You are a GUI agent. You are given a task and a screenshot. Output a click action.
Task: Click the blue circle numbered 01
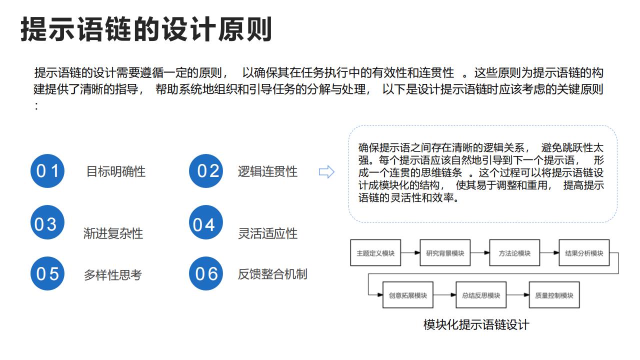pyautogui.click(x=47, y=171)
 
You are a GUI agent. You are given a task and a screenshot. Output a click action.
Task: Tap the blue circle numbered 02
pyautogui.click(x=206, y=171)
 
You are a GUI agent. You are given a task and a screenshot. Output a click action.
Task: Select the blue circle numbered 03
pyautogui.click(x=47, y=222)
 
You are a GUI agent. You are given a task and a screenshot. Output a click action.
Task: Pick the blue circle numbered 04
pyautogui.click(x=206, y=222)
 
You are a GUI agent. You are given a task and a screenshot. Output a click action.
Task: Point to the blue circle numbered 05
pyautogui.click(x=47, y=273)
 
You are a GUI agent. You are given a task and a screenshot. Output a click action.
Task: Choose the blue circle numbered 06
pyautogui.click(x=206, y=273)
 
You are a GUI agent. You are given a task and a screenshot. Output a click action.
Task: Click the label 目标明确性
pyautogui.click(x=115, y=171)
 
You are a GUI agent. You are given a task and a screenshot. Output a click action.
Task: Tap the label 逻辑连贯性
pyautogui.click(x=267, y=171)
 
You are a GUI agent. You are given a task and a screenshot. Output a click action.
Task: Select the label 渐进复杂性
pyautogui.click(x=113, y=233)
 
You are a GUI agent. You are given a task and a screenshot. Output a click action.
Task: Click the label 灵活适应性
pyautogui.click(x=267, y=233)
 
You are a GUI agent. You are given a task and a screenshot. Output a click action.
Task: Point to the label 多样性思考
pyautogui.click(x=113, y=275)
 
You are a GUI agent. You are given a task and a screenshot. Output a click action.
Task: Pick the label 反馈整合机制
pyautogui.click(x=272, y=274)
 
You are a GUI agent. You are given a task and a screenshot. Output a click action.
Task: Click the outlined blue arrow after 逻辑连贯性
pyautogui.click(x=326, y=172)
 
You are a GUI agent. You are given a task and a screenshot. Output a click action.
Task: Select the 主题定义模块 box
pyautogui.click(x=375, y=253)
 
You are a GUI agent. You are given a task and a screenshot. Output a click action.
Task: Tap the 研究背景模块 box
pyautogui.click(x=445, y=253)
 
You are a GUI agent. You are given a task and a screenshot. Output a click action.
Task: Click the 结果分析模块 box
pyautogui.click(x=584, y=253)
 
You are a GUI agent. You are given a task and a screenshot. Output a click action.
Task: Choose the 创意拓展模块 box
pyautogui.click(x=408, y=295)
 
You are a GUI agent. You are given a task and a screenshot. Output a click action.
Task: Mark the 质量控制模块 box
pyautogui.click(x=554, y=295)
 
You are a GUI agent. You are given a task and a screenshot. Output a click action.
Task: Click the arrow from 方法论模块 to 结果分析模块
pyautogui.click(x=549, y=253)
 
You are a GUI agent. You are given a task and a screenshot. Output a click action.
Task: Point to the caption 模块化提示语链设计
pyautogui.click(x=476, y=325)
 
